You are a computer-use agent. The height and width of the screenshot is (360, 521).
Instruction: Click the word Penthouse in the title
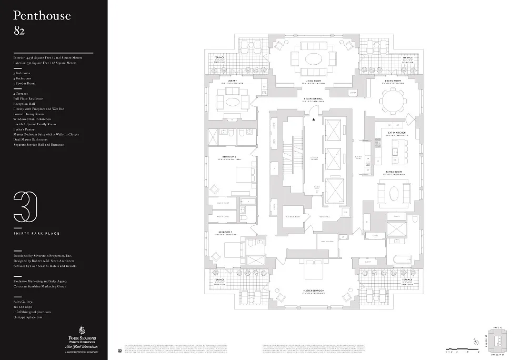point(43,16)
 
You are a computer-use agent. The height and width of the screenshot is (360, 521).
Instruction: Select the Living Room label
point(313,81)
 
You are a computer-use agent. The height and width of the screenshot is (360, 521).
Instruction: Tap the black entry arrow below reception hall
point(313,119)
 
